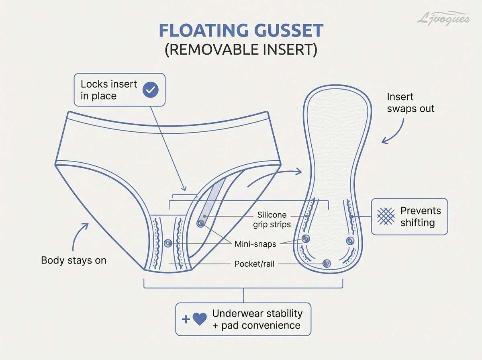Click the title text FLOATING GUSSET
coord(241,31)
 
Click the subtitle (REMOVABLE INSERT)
coord(241,49)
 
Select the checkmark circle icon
coord(151,90)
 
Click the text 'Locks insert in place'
coord(109,90)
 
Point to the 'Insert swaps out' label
coord(411,103)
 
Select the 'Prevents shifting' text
coord(421,217)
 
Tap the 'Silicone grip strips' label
coord(272,220)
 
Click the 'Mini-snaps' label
coord(255,244)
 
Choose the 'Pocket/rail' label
coord(255,264)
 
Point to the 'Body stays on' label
coord(74,260)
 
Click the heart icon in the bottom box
coord(200,319)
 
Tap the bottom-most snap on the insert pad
coord(327,263)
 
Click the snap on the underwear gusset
coord(168,243)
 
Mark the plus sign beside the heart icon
coord(186,319)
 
